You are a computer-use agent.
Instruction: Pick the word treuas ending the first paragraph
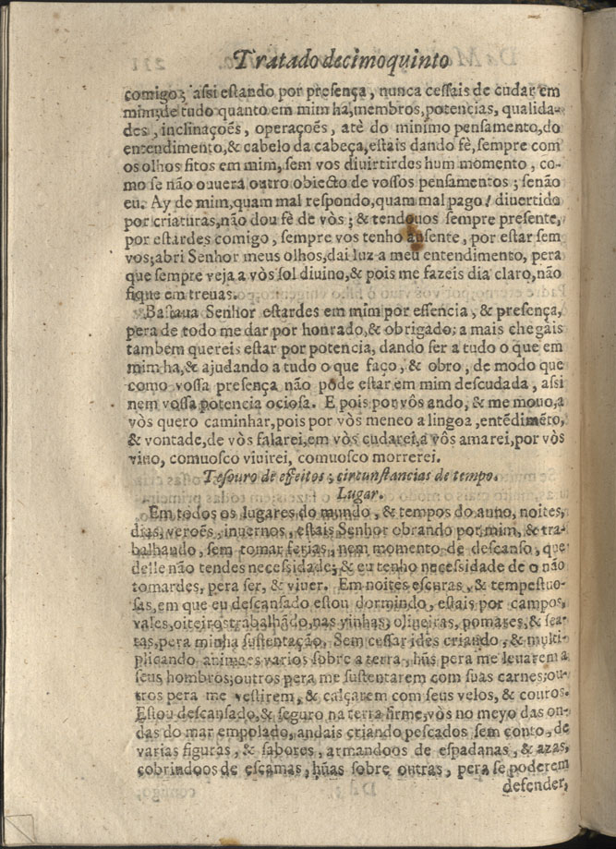212,294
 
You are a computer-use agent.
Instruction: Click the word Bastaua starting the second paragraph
157,313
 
